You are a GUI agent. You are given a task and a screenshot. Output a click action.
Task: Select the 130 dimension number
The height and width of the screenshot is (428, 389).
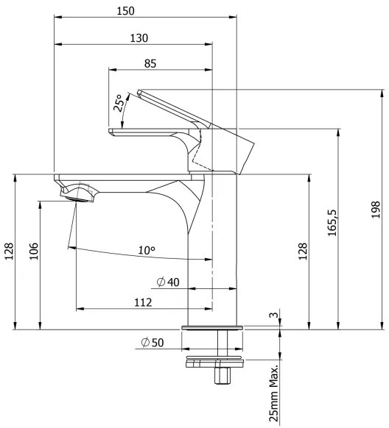pyautogui.click(x=138, y=38)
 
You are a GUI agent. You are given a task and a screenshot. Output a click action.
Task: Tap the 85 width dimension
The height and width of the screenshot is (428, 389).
pyautogui.click(x=150, y=63)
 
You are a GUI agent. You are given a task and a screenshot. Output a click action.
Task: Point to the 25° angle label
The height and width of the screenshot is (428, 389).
pyautogui.click(x=119, y=103)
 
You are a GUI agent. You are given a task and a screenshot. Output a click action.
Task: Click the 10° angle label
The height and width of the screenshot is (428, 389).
pyautogui.click(x=147, y=250)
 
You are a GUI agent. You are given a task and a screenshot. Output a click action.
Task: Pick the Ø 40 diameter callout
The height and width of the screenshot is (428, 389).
pyautogui.click(x=168, y=282)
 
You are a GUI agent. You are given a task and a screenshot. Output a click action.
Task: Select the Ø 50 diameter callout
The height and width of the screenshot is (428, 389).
pyautogui.click(x=153, y=342)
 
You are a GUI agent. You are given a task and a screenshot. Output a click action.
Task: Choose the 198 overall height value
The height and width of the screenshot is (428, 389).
pyautogui.click(x=376, y=210)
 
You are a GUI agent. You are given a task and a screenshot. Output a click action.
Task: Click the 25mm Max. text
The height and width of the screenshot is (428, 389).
pyautogui.click(x=273, y=393)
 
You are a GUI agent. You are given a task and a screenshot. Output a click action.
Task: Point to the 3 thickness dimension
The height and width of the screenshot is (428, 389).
pyautogui.click(x=273, y=315)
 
